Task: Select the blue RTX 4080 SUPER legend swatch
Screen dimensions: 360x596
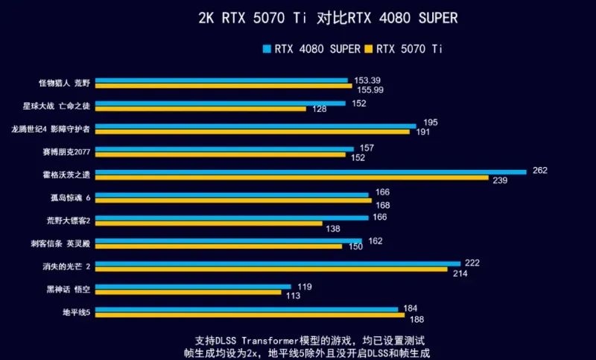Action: point(267,50)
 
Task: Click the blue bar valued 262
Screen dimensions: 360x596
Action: point(311,171)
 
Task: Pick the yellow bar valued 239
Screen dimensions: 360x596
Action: point(291,177)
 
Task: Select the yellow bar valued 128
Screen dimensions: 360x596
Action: point(200,109)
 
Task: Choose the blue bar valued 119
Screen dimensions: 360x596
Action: point(193,286)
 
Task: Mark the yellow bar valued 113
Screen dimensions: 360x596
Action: point(188,292)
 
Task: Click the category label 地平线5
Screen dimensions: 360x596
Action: point(77,312)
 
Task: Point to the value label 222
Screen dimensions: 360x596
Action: point(472,263)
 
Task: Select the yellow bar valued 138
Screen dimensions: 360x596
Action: point(209,224)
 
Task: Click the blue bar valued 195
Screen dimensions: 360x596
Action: point(256,125)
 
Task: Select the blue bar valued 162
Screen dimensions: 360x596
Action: point(228,240)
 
